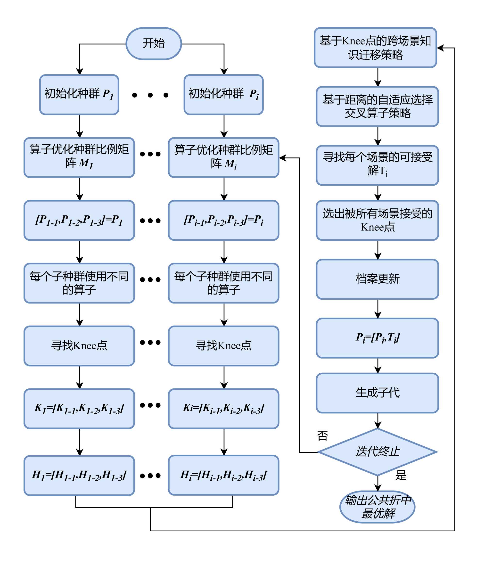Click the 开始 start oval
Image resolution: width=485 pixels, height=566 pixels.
pos(154,43)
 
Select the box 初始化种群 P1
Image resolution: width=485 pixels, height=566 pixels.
pos(79,95)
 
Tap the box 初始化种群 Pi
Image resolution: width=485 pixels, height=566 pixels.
pos(223,95)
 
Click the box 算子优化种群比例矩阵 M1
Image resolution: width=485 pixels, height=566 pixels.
pos(79,157)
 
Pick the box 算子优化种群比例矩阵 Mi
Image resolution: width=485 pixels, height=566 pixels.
pos(223,157)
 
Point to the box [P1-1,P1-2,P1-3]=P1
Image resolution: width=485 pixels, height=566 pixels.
pos(79,220)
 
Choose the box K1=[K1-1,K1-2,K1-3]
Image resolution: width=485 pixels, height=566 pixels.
pos(79,408)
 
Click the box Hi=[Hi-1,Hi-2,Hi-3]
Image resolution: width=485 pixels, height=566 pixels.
pos(223,475)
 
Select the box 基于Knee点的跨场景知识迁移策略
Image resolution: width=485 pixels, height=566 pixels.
pos(375,48)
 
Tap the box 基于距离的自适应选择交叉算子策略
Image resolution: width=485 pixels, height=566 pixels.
pos(377,107)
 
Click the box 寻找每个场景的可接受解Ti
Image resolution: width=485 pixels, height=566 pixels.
pos(377,165)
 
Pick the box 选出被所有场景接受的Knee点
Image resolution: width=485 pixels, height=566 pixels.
pos(377,220)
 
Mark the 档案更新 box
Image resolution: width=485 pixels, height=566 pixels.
pos(377,279)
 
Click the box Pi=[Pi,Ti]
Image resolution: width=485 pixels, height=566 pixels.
pos(377,338)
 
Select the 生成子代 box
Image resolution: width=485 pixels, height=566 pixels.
pos(377,393)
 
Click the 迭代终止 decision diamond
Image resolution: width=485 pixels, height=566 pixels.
pos(377,452)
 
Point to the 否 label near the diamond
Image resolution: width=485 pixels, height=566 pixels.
pos(322,436)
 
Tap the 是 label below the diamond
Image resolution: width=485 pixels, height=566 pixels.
pos(401,475)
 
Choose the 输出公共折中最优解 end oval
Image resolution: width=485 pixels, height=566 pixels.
pos(377,507)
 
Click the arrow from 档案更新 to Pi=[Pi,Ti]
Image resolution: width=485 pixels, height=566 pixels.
pos(378,309)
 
